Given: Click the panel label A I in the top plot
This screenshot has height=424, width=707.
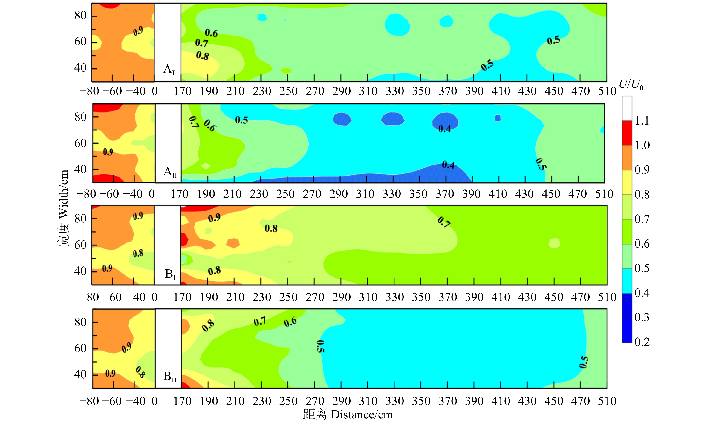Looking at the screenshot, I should [x=169, y=69].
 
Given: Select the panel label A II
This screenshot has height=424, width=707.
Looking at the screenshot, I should [x=170, y=172].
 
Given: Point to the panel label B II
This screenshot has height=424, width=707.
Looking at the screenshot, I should [x=170, y=376].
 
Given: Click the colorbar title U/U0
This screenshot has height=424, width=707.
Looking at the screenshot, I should [x=631, y=85].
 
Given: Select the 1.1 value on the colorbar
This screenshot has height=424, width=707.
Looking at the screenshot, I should [x=642, y=121].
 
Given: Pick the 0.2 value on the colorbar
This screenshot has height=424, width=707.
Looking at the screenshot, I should [x=642, y=342].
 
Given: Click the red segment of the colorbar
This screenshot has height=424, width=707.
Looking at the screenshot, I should [x=627, y=133].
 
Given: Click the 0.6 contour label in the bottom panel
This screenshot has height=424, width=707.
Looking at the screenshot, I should [x=290, y=322].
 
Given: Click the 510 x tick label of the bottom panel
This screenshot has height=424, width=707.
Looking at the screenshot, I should [x=607, y=401].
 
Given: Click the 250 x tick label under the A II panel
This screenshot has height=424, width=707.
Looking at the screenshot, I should [x=285, y=194].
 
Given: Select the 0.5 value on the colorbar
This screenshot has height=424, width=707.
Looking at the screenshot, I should [x=642, y=268].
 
